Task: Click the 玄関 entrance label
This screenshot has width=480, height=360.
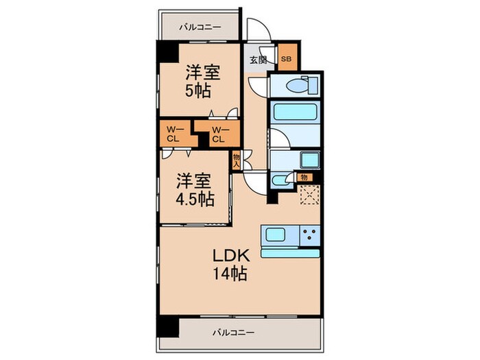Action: click(259, 60)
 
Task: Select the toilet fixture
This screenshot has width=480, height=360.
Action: click(296, 86)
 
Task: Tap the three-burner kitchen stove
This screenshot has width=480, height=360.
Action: click(309, 235)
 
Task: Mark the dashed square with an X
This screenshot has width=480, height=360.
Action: click(310, 195)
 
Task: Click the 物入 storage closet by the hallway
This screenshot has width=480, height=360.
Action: click(237, 160)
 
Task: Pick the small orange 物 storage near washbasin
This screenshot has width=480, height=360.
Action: click(303, 178)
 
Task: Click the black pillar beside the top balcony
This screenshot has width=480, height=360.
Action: click(165, 51)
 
